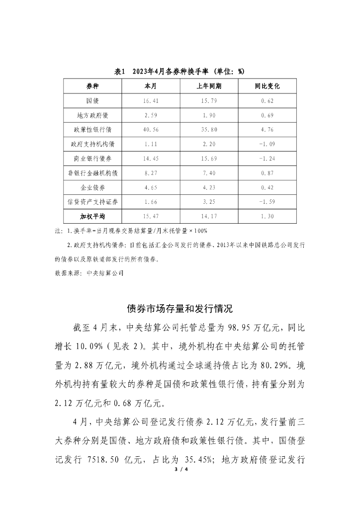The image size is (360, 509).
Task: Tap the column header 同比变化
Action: point(267,86)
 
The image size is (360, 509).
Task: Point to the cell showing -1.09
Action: point(267,144)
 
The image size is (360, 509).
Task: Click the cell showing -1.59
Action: point(267,202)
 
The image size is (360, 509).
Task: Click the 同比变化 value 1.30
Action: point(267,217)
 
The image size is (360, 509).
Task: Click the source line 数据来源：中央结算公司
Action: point(89,273)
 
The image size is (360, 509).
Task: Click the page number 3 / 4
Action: point(180,469)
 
